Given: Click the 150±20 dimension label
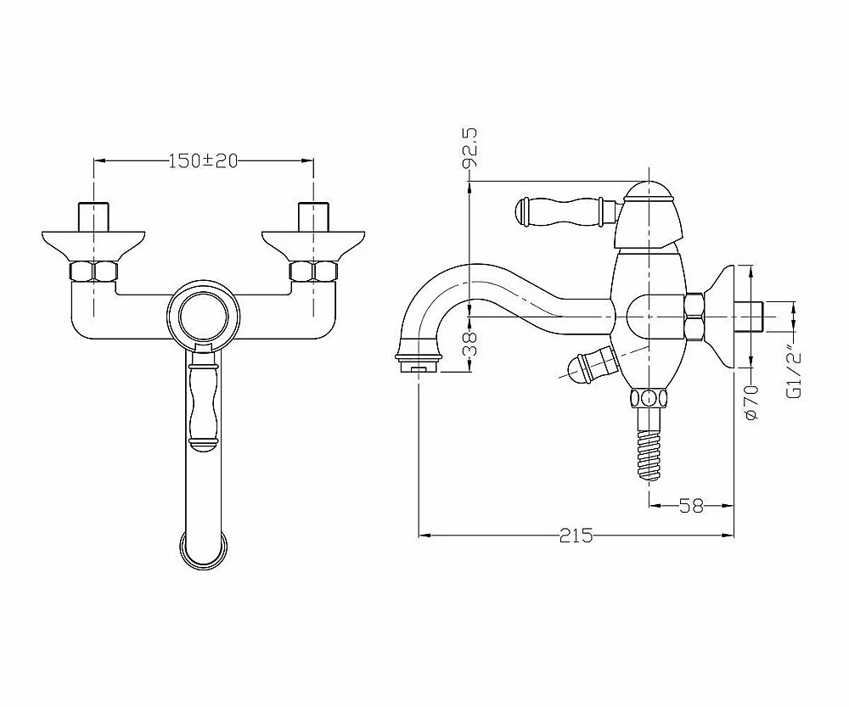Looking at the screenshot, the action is coord(204,160).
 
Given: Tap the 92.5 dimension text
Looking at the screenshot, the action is coord(470,147).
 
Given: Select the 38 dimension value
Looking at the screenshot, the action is coord(471,343).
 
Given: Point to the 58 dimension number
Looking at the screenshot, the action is coord(691,506).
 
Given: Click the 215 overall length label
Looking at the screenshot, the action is coord(576,536).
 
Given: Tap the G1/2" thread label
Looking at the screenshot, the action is coord(793,373).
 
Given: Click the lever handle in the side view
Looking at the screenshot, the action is coord(565,211).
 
